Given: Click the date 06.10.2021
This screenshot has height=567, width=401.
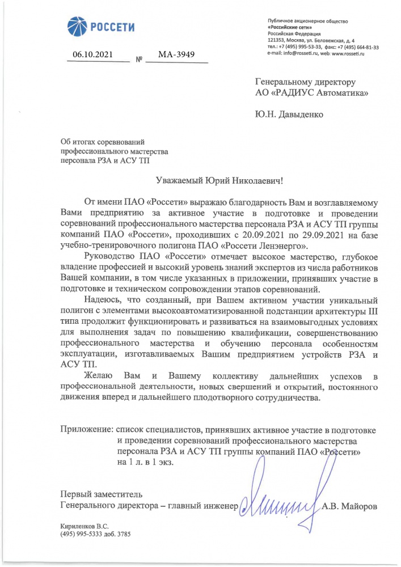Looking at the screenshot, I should tap(93, 55).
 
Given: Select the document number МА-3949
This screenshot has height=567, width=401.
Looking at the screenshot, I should tap(176, 55).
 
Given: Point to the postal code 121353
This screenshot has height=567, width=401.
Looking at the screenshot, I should tap(275, 41).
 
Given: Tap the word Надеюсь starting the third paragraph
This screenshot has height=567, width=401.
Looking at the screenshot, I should tap(101, 299).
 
